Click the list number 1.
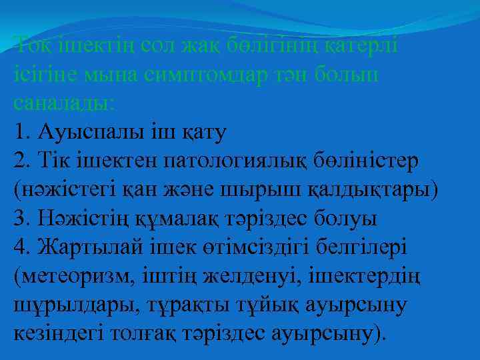coord(19,131)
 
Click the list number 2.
coord(20,160)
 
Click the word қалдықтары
coord(373,189)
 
